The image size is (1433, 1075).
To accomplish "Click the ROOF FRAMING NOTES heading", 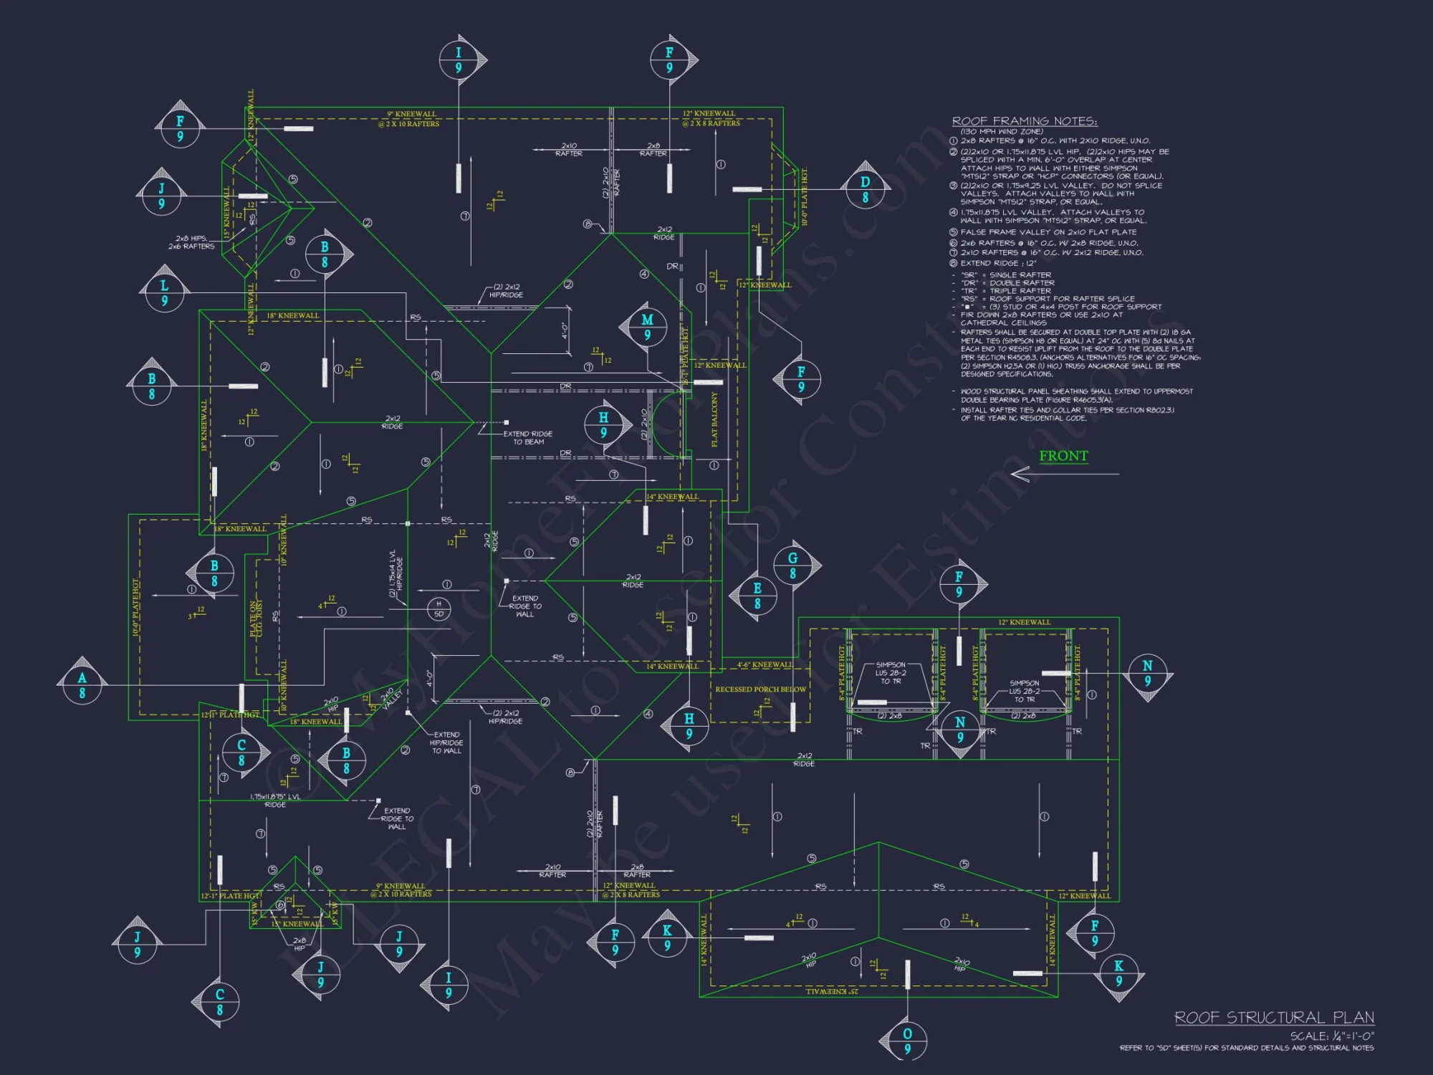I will pyautogui.click(x=1024, y=121).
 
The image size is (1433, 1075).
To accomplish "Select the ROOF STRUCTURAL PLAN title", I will pyautogui.click(x=1274, y=1018).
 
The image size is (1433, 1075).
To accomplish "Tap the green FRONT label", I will pyautogui.click(x=1063, y=456).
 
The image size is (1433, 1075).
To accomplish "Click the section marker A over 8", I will pyautogui.click(x=82, y=685).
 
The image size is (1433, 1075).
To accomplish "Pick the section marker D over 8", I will pyautogui.click(x=865, y=189).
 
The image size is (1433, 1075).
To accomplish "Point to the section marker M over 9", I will pyautogui.click(x=647, y=327).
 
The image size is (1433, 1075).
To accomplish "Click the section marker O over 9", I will pyautogui.click(x=907, y=1041).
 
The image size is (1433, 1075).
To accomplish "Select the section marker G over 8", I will pyautogui.click(x=792, y=565).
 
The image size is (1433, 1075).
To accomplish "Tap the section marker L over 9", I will pyautogui.click(x=164, y=292).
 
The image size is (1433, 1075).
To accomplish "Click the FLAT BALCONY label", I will pyautogui.click(x=714, y=420).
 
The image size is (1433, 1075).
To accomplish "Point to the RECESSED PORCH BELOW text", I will pyautogui.click(x=760, y=689).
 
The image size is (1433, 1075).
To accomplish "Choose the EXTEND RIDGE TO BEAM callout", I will pyautogui.click(x=528, y=438).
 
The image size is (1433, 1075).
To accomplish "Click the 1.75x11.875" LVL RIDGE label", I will pyautogui.click(x=275, y=801).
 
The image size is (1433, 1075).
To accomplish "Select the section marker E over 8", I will pyautogui.click(x=757, y=596).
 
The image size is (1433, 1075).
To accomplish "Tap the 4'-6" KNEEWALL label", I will pyautogui.click(x=765, y=664).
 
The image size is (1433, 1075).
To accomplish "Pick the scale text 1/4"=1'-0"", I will pyautogui.click(x=1332, y=1036).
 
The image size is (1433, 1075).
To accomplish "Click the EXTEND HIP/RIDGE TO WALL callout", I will pyautogui.click(x=447, y=742).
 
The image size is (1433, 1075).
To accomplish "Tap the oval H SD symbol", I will pyautogui.click(x=438, y=608).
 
